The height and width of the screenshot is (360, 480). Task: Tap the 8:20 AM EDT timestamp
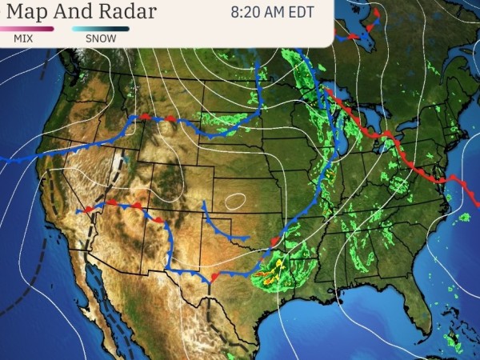tap(272, 13)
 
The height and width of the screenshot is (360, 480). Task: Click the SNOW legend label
tap(100, 38)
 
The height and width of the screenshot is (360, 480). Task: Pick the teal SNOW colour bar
tap(100, 28)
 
